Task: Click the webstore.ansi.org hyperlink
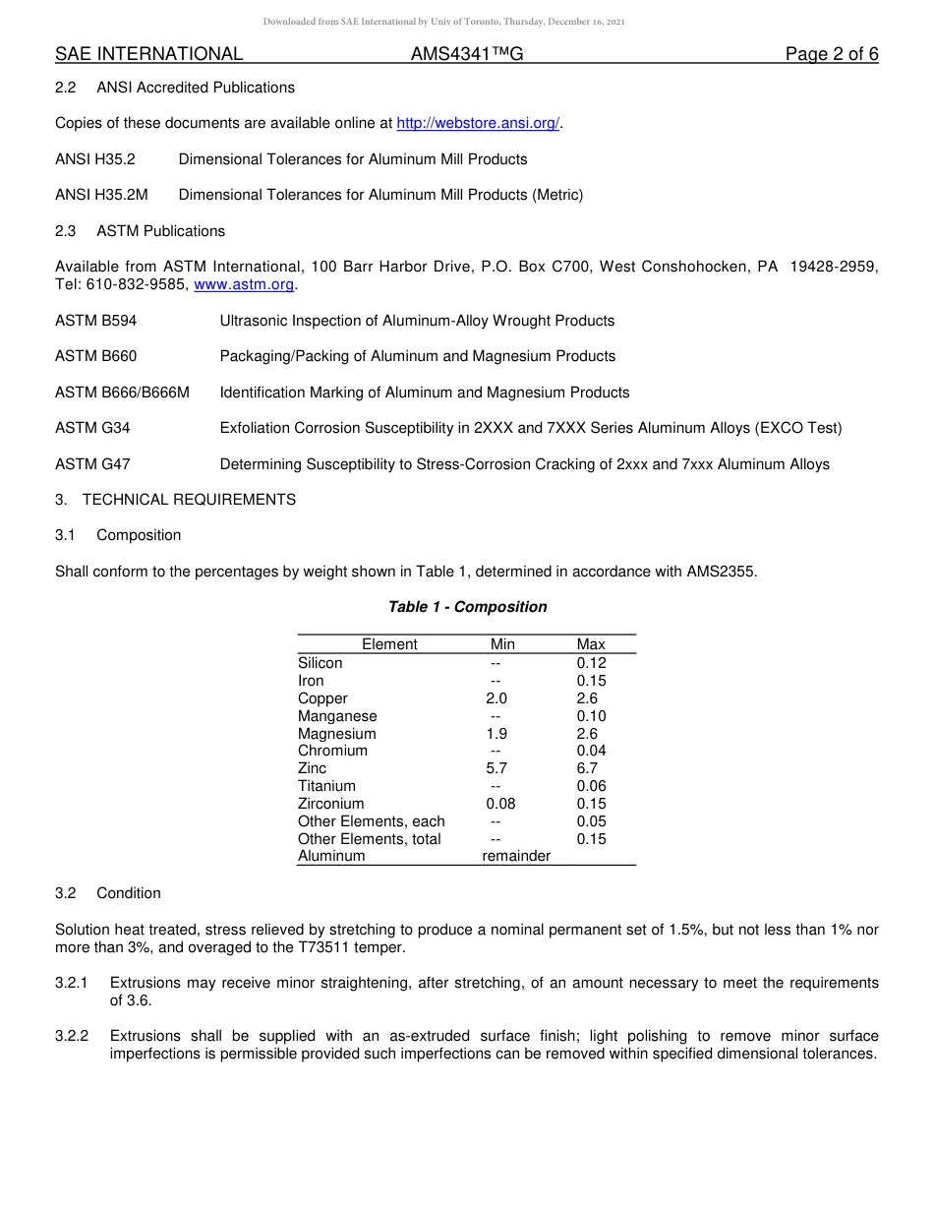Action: pos(478,123)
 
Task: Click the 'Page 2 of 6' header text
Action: pos(831,54)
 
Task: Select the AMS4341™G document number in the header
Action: pos(467,54)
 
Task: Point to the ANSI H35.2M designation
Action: pos(101,195)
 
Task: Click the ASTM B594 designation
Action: pos(95,321)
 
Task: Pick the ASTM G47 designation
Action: pos(92,464)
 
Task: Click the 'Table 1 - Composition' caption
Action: pos(467,607)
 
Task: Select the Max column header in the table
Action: pos(591,644)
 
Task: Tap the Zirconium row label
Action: pos(330,804)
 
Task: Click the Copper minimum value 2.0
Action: pos(496,698)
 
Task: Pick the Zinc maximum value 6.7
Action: pos(587,768)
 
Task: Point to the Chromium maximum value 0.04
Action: pos(591,751)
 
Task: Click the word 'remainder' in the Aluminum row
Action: pos(516,856)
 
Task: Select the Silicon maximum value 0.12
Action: pos(591,663)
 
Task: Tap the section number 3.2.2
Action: pos(72,1036)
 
